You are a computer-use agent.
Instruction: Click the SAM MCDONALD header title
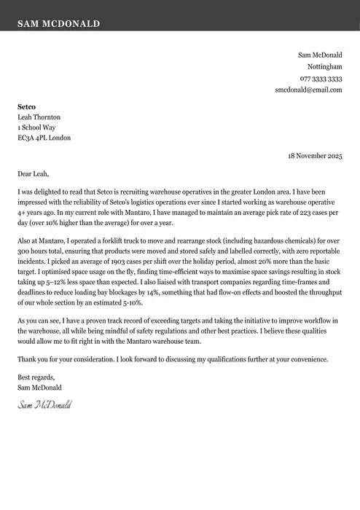click(59, 24)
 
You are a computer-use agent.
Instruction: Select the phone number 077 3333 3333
click(321, 78)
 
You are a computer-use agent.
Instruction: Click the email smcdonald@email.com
click(308, 90)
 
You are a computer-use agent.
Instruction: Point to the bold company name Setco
click(26, 106)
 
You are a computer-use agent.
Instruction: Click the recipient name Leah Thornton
click(39, 117)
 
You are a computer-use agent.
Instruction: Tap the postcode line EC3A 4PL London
click(44, 138)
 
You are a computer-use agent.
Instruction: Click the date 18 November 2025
click(315, 156)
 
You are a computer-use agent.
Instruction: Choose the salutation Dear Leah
click(34, 174)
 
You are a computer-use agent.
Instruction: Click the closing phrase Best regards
click(36, 377)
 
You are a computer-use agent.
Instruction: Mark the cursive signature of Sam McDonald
click(44, 404)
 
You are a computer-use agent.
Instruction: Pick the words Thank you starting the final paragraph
click(33, 359)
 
